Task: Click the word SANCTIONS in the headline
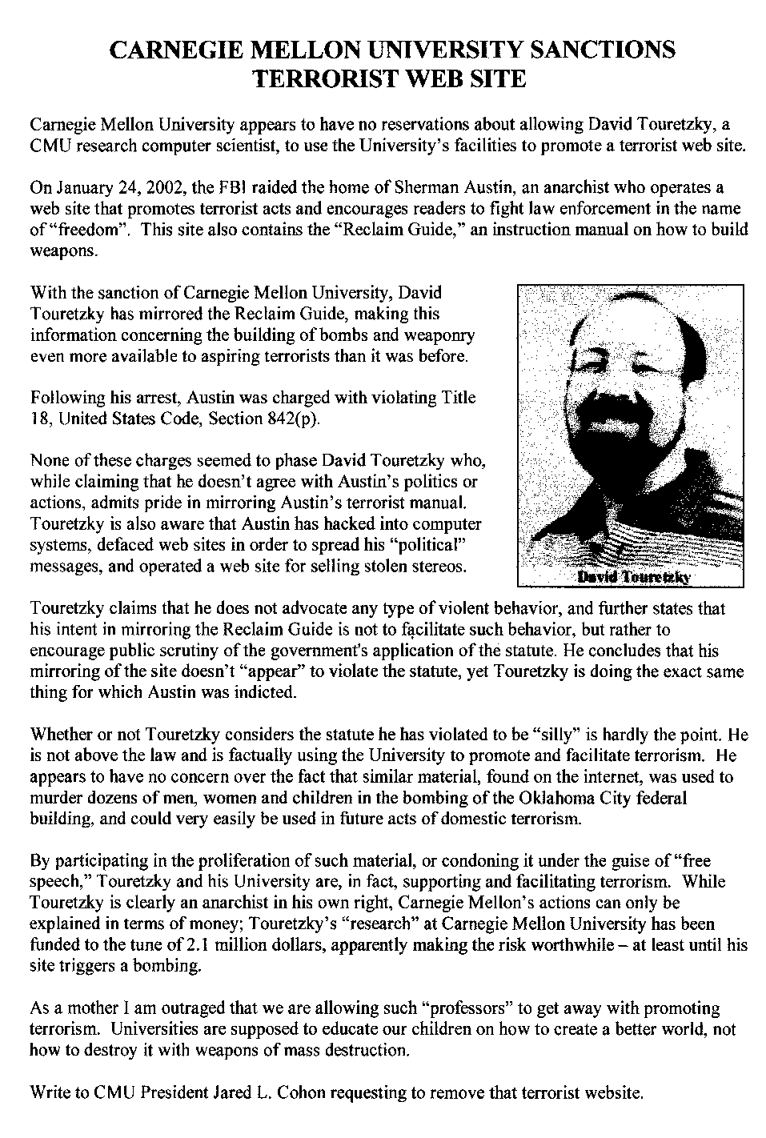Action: tap(605, 50)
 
